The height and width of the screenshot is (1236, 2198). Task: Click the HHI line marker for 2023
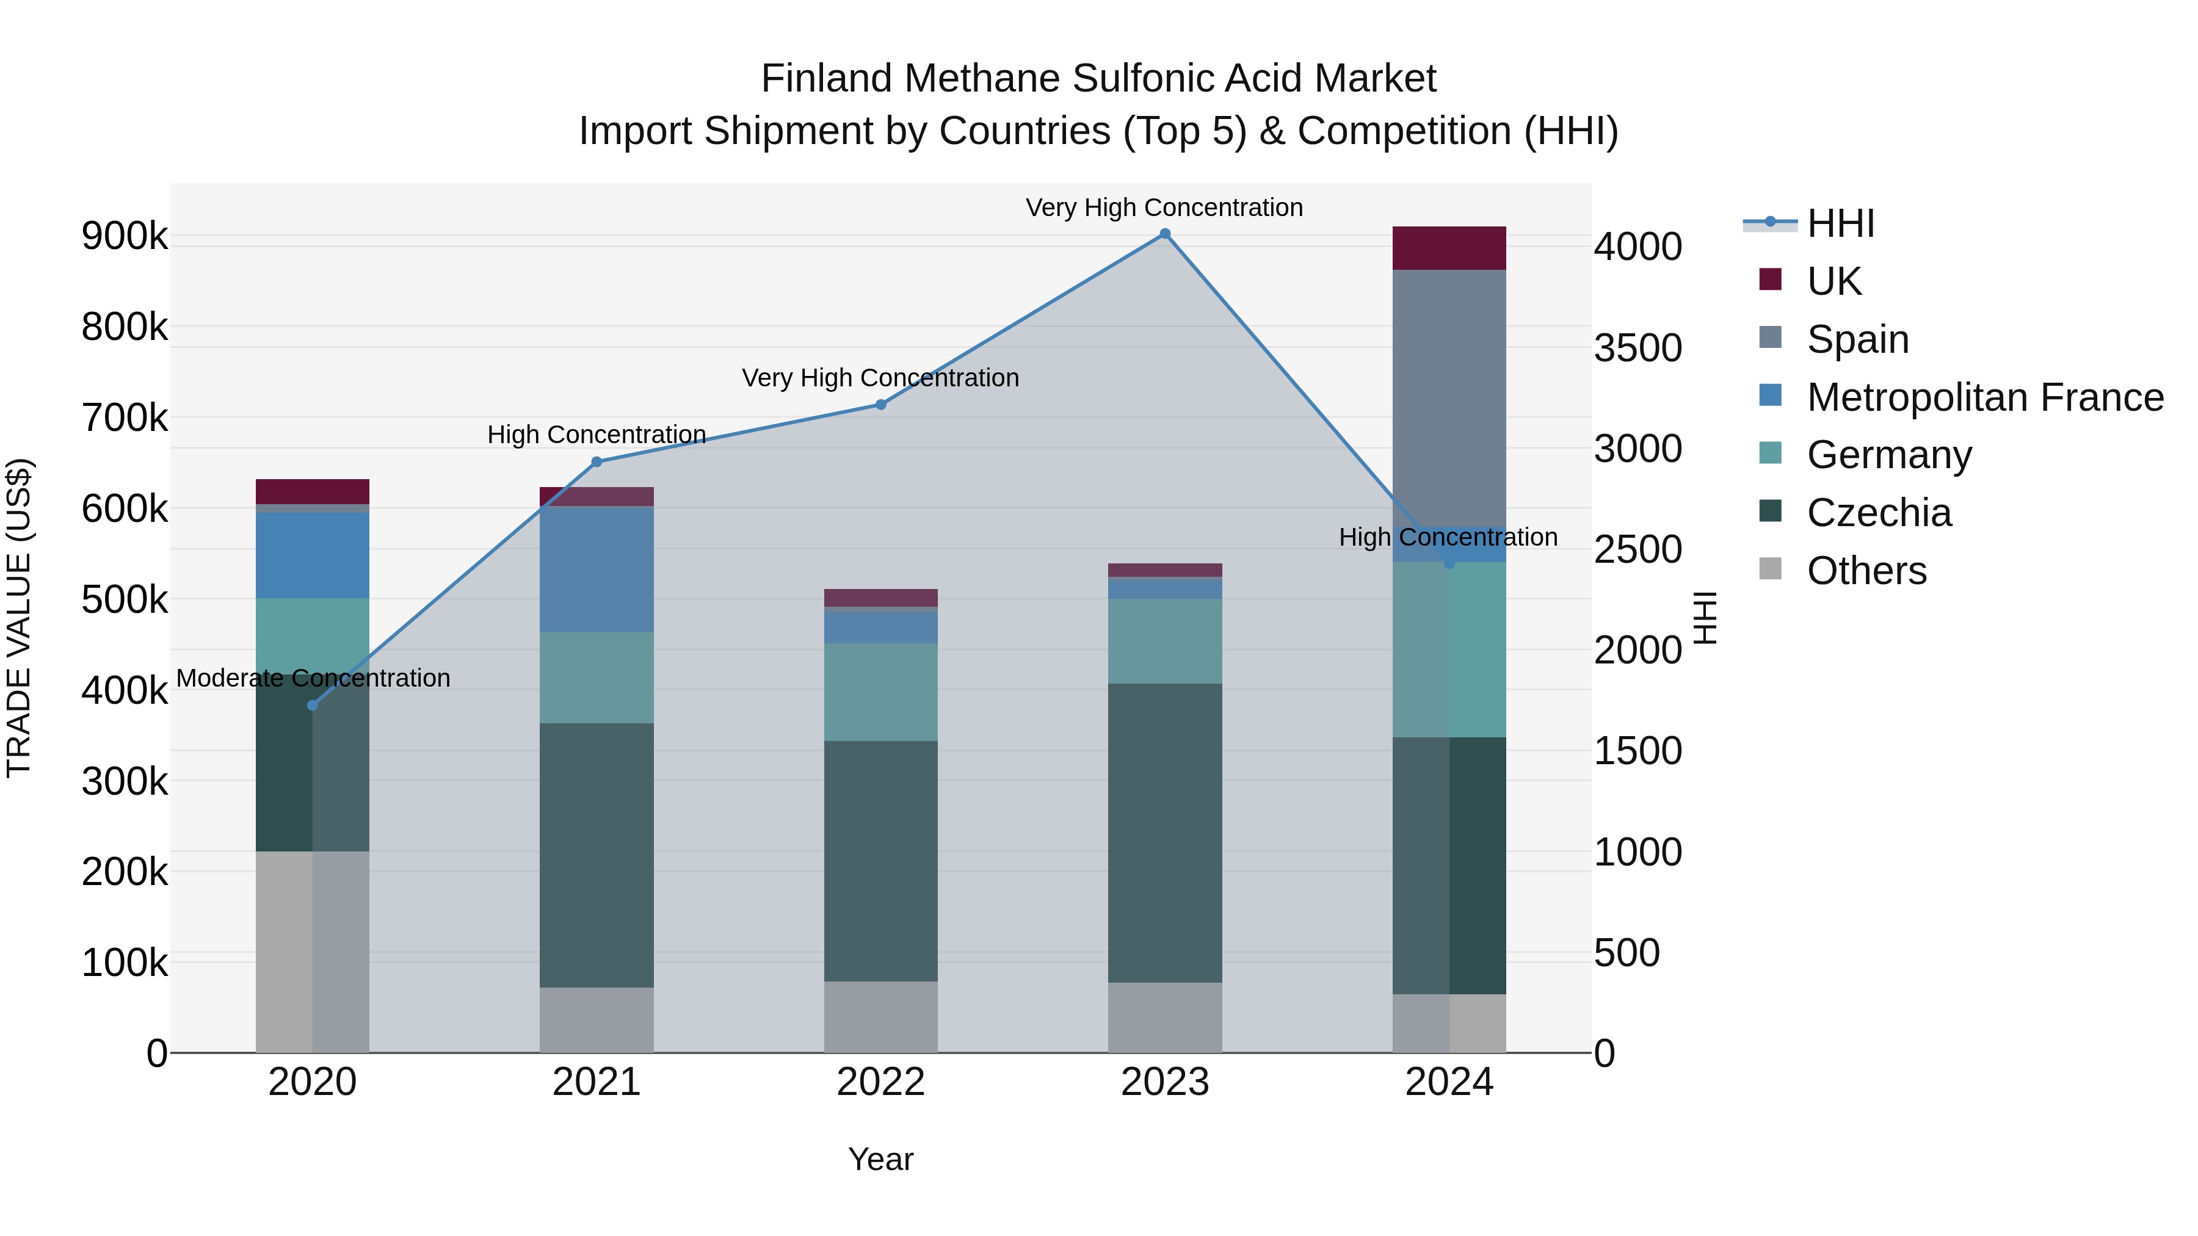point(1165,234)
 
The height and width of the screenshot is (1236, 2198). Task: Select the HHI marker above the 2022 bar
point(880,404)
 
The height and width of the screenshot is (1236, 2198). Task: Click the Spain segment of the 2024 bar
point(1449,401)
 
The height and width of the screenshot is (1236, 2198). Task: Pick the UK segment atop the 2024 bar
point(1449,248)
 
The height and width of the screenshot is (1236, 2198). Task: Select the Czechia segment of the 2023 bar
point(1165,832)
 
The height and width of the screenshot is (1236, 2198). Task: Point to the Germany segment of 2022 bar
point(880,692)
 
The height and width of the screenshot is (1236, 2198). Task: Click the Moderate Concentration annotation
point(313,678)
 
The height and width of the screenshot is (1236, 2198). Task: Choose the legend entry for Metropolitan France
point(1985,397)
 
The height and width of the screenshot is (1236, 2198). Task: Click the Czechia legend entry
point(1879,513)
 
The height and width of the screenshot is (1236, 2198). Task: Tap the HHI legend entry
point(1840,223)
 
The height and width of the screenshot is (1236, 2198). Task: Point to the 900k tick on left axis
point(125,236)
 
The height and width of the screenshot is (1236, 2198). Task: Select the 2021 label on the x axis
point(597,1082)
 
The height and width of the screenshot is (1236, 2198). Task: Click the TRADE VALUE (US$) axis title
point(19,618)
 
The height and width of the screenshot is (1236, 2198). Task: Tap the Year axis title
point(880,1159)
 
